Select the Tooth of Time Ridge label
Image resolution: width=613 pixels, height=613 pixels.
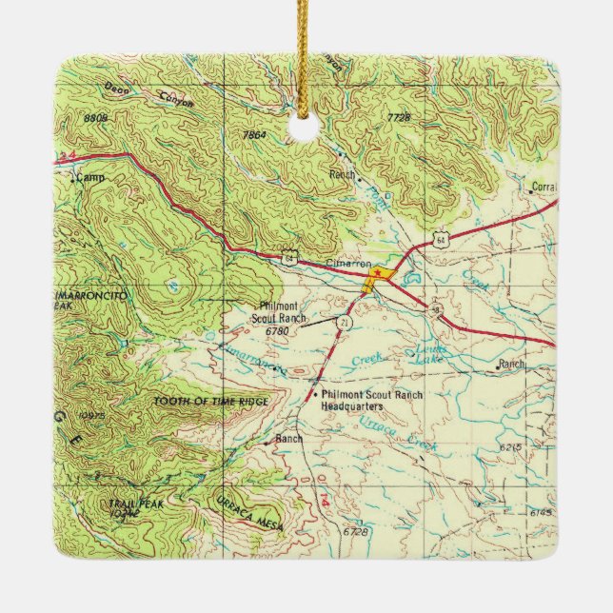pos(210,402)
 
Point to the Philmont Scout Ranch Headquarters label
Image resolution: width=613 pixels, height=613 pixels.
pos(371,401)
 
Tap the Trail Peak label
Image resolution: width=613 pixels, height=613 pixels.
pos(129,507)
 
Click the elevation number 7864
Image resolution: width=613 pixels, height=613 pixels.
pos(252,136)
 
